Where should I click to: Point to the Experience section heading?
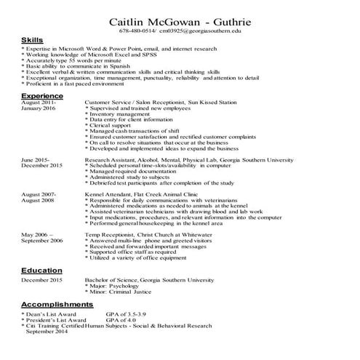point(43,96)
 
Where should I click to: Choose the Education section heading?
point(41,271)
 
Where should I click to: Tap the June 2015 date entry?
point(36,159)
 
